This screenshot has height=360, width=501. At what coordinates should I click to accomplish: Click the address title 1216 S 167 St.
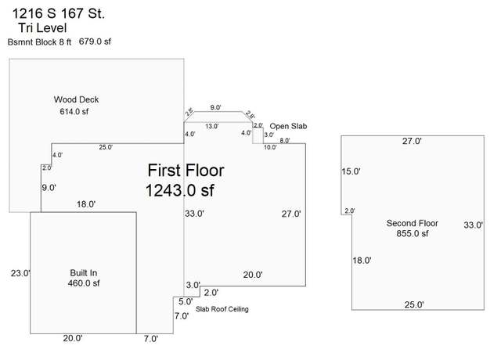(59, 14)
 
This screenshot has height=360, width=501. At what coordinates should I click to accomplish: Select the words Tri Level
(42, 28)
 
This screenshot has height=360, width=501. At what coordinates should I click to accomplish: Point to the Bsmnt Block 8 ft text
(39, 42)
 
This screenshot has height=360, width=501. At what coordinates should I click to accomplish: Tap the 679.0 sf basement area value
(95, 41)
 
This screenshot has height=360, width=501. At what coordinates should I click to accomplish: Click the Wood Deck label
(76, 99)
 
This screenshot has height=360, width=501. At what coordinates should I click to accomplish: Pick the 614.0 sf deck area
(74, 111)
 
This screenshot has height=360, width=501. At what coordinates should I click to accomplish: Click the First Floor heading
(186, 171)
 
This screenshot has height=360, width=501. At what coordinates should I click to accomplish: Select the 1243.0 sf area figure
(179, 190)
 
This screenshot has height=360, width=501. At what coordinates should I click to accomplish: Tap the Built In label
(84, 273)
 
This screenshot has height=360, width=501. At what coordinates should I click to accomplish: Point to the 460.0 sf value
(84, 283)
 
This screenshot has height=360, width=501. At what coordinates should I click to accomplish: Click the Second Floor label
(413, 223)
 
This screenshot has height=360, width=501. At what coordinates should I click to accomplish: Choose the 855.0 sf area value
(413, 233)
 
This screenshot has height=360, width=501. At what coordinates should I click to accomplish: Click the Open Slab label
(288, 126)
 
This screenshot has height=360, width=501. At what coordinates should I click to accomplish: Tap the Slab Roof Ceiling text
(222, 309)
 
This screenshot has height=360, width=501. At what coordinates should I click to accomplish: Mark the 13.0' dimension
(212, 126)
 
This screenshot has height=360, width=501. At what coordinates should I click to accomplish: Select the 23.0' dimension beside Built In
(20, 273)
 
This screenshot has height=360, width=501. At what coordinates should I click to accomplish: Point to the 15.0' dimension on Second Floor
(351, 171)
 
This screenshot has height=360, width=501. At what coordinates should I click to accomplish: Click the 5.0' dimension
(186, 301)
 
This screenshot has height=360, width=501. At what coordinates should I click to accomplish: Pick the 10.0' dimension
(270, 147)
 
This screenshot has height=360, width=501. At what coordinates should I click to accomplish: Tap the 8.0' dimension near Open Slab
(285, 141)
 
